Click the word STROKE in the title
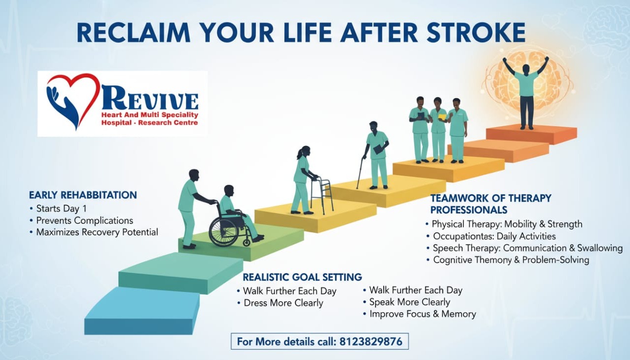(476, 33)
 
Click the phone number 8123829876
(371, 341)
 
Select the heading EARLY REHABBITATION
(83, 195)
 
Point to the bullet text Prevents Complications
(85, 220)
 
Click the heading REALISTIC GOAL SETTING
(302, 277)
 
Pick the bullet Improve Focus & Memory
(423, 314)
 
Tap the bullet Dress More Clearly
(283, 303)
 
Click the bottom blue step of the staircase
(142, 311)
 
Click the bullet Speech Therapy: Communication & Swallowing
(527, 248)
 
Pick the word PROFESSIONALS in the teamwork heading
(469, 210)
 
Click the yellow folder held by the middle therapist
(442, 117)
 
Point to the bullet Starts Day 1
(61, 209)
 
